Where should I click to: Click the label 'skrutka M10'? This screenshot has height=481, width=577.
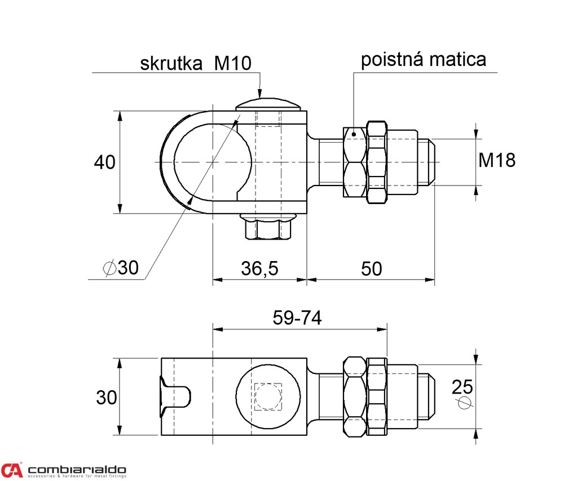tap(195, 63)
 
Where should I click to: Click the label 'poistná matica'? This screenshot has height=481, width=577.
tap(423, 59)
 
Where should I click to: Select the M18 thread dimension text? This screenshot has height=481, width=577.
tap(497, 161)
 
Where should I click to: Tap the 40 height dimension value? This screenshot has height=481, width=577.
tap(104, 162)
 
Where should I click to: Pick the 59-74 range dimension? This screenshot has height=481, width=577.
tap(297, 318)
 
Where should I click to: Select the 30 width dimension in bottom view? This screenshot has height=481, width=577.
tap(106, 398)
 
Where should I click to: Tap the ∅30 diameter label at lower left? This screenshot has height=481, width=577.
tap(121, 268)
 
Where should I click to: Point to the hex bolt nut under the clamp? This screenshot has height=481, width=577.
tap(267, 229)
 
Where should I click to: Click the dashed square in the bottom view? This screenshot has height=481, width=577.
tap(267, 397)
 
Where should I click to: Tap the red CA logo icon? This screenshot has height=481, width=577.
tap(12, 469)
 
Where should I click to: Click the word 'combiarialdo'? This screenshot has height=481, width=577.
tap(77, 469)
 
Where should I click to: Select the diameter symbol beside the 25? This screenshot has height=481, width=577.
tap(464, 402)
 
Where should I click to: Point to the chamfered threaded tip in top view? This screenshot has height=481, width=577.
tap(430, 161)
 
